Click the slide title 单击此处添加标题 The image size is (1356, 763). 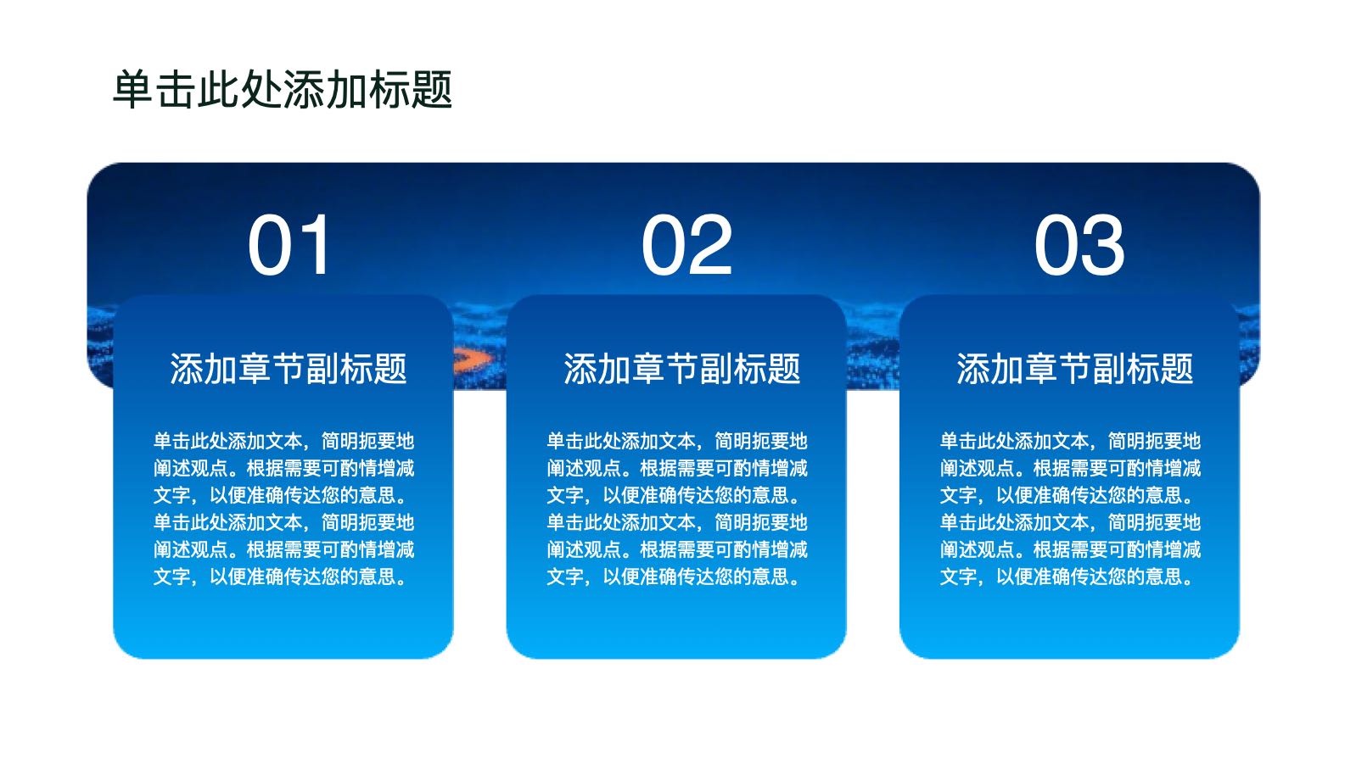tap(283, 90)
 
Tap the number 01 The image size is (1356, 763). tap(289, 245)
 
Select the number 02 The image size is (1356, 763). tap(686, 245)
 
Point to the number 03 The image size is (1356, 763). tap(1079, 245)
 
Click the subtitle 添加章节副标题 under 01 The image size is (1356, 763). tap(289, 368)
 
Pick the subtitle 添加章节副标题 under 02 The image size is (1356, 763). tap(681, 368)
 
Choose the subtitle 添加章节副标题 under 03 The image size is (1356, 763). tap(1074, 368)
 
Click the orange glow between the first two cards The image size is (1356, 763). tap(474, 359)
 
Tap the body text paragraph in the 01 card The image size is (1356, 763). tap(283, 509)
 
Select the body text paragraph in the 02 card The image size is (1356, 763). tap(677, 509)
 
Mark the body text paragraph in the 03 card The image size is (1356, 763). tap(1070, 509)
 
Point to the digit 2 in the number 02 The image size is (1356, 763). tap(710, 245)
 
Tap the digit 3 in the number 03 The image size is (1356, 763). tap(1103, 245)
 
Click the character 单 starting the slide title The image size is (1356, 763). tap(133, 90)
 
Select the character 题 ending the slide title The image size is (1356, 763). tap(432, 90)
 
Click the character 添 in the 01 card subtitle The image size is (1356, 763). tap(187, 368)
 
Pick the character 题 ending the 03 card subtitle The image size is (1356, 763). tap(1177, 368)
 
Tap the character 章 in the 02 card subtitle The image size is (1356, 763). tap(647, 368)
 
